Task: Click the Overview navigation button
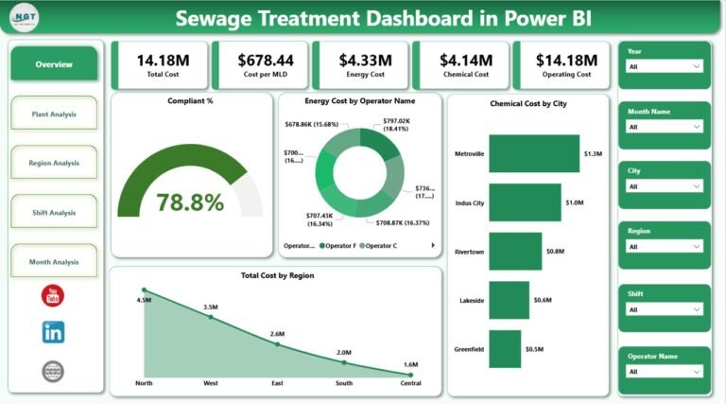click(54, 64)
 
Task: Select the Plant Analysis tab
click(54, 114)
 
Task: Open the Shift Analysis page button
click(54, 213)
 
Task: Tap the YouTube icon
click(54, 296)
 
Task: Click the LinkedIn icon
click(54, 332)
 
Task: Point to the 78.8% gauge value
click(190, 202)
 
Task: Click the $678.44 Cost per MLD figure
click(260, 60)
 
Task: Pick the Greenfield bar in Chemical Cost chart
click(505, 348)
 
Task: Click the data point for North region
click(144, 290)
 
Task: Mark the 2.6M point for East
click(277, 343)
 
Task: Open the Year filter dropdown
click(664, 67)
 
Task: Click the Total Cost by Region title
click(276, 275)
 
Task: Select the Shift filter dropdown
click(664, 309)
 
